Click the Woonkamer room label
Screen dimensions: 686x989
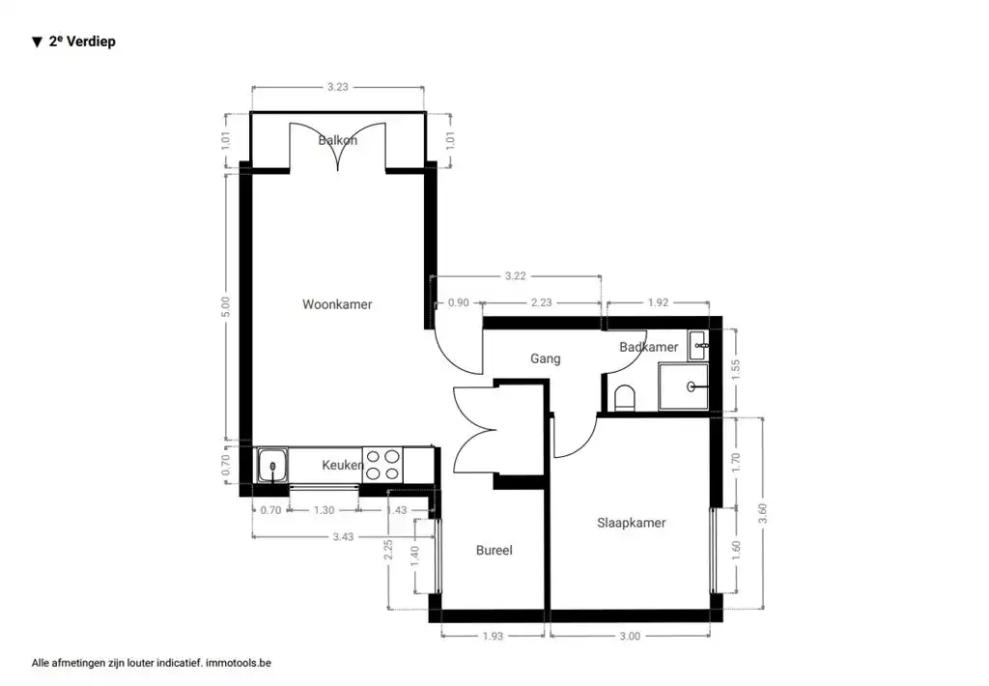pos(337,304)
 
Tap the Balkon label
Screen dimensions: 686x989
pos(338,140)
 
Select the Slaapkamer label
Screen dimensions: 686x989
pos(631,523)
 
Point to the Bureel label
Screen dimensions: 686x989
pos(494,551)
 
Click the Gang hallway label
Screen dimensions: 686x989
pos(545,358)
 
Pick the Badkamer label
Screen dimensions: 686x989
pos(648,347)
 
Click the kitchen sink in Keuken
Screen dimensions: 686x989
pos(272,466)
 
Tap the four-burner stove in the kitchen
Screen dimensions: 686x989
pos(381,465)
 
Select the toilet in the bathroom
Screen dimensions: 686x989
pos(625,398)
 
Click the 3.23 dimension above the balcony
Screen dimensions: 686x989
pos(337,87)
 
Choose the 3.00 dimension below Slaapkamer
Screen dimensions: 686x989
pos(629,636)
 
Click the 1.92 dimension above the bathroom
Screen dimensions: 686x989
pos(657,302)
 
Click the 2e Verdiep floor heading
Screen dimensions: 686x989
pos(81,42)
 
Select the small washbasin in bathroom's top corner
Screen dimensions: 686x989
pos(699,343)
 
